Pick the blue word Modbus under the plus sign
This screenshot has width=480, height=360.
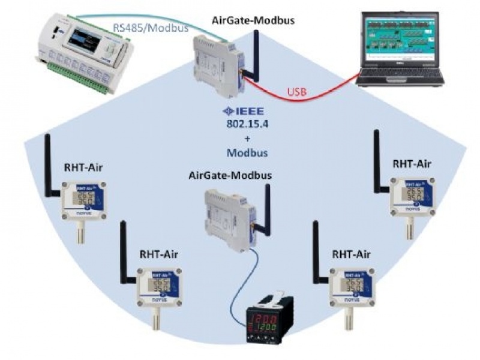pyautogui.click(x=247, y=152)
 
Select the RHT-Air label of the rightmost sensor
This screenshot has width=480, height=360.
pyautogui.click(x=411, y=163)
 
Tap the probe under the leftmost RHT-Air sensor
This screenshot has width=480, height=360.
pyautogui.click(x=79, y=231)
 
